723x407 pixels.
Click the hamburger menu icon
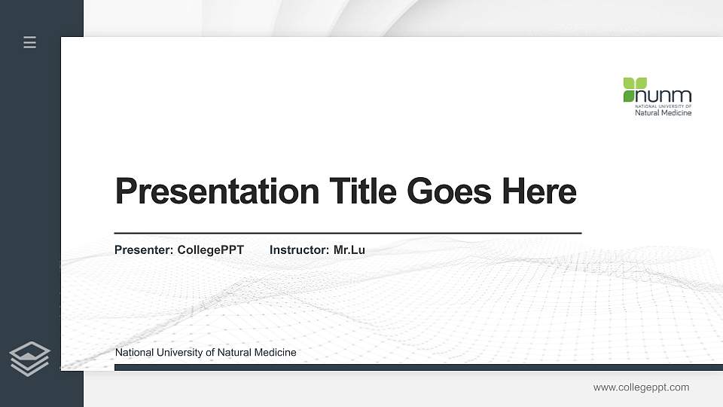pos(30,42)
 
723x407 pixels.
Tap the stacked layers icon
pos(30,358)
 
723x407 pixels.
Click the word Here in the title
pos(538,191)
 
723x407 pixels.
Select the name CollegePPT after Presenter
pos(210,249)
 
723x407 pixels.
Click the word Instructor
pos(298,249)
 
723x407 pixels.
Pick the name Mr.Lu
pos(349,249)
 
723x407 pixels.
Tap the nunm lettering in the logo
pos(664,96)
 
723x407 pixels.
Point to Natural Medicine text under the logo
pos(663,113)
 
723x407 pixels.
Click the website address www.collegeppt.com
pos(641,387)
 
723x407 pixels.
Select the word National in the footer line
pos(133,353)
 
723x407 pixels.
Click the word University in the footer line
pos(179,353)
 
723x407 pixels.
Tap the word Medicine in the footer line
pos(275,353)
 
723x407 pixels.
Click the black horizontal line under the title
pos(347,233)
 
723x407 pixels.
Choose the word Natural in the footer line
pos(234,353)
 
